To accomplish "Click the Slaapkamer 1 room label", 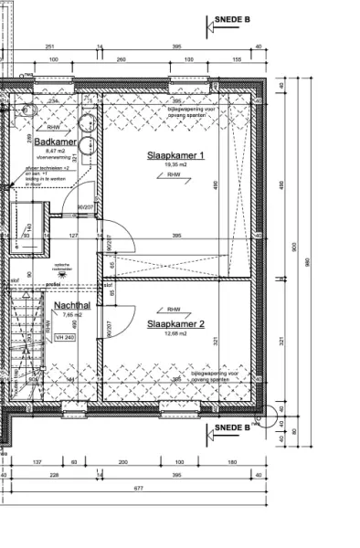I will (x=176, y=155).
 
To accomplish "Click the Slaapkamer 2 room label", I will (x=176, y=323).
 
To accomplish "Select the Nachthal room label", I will (x=70, y=305).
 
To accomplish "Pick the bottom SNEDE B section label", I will (x=232, y=427).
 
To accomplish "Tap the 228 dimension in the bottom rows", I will (x=54, y=475).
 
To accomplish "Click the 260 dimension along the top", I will (x=121, y=59).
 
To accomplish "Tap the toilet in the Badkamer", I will (x=25, y=108).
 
